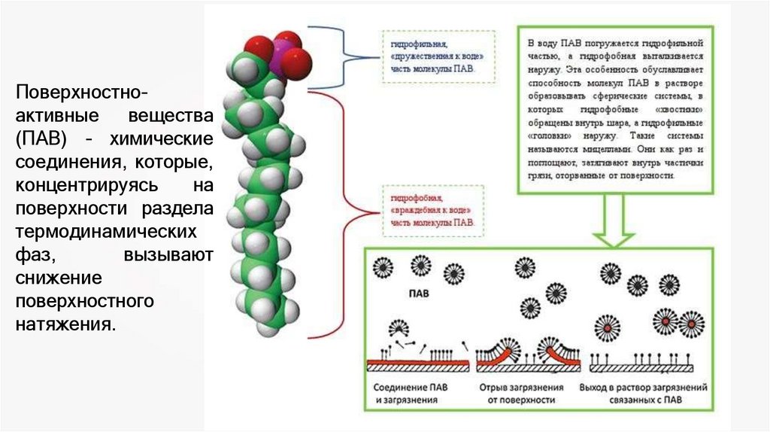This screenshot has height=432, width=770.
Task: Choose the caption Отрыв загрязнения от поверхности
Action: pos(521,394)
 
